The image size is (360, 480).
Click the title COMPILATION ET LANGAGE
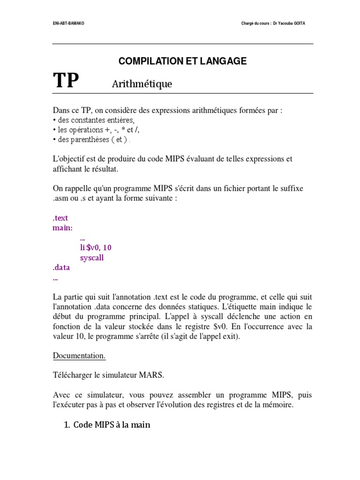182,61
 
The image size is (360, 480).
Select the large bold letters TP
66,81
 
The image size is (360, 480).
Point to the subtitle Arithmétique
142,84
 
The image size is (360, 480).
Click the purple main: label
62,228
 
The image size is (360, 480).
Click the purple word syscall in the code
92,258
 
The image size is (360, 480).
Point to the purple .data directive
61,268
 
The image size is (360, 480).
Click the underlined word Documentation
79,356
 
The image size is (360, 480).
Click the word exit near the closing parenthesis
230,336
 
